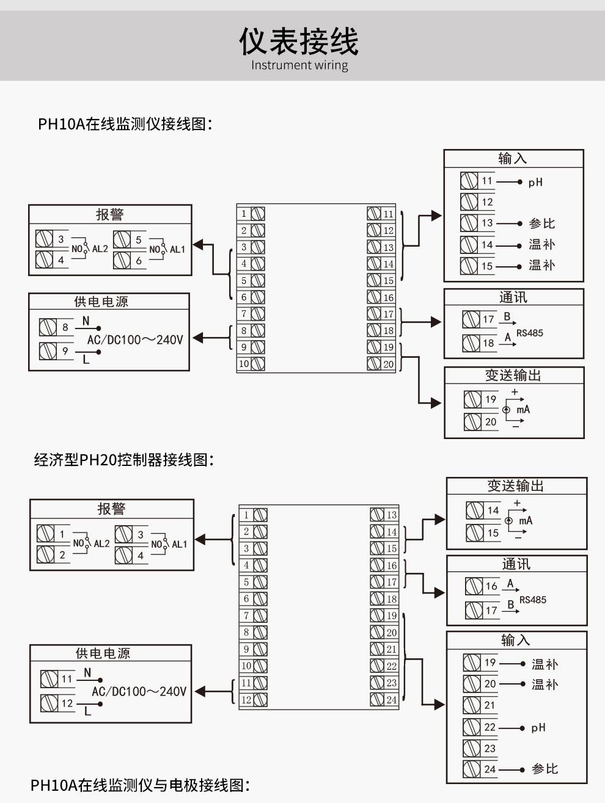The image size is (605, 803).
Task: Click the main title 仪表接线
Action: click(x=299, y=41)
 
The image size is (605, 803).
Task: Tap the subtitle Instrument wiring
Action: click(x=299, y=65)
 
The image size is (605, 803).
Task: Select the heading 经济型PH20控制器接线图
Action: click(x=124, y=460)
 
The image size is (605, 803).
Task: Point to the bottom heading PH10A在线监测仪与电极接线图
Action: click(x=141, y=785)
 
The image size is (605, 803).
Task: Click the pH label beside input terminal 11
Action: click(x=535, y=182)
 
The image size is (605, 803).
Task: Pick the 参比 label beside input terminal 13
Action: click(x=541, y=223)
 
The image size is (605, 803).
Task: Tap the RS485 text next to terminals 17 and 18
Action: click(x=529, y=333)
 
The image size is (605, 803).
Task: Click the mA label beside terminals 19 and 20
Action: click(x=523, y=410)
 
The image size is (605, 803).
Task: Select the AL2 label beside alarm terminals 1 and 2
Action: click(x=101, y=543)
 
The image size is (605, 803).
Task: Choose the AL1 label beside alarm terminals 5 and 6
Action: click(x=177, y=249)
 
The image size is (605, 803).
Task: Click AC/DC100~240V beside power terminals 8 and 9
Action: click(x=134, y=340)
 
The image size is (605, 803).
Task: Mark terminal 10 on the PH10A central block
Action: click(x=251, y=364)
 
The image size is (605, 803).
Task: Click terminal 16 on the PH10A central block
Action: click(x=381, y=297)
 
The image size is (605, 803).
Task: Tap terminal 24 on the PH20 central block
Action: click(x=384, y=700)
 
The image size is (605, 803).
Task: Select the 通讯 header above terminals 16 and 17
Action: click(x=516, y=564)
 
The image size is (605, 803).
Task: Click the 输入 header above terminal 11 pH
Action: click(x=513, y=159)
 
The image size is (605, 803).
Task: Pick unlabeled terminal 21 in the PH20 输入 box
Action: click(x=480, y=705)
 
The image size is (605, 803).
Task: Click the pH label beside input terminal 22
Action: click(x=538, y=727)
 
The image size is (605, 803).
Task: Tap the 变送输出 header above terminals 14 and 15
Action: click(x=516, y=486)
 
